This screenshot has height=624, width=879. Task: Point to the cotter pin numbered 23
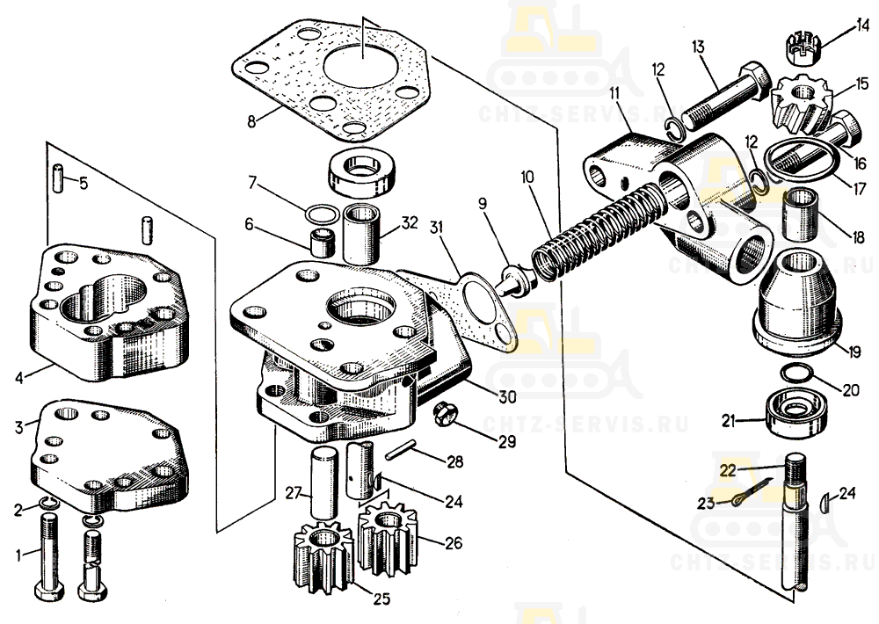pos(752,491)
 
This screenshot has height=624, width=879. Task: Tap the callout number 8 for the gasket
pos(251,120)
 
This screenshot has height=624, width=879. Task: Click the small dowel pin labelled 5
pos(58,178)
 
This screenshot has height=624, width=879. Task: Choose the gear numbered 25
pos(323,554)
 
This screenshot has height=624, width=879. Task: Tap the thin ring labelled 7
pos(322,214)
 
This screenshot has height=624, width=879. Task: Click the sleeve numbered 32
pos(361,234)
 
